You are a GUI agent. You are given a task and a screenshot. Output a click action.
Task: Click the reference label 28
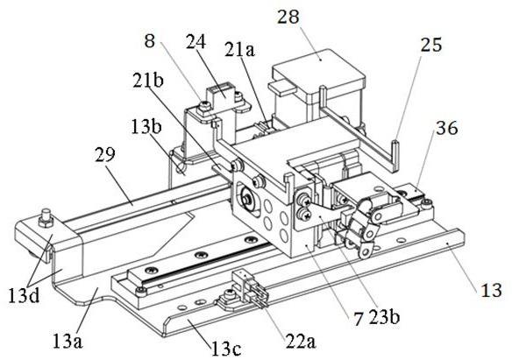click(x=288, y=17)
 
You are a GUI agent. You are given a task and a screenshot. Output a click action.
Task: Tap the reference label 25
click(x=431, y=45)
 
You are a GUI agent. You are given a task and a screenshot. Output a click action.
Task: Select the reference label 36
click(x=447, y=128)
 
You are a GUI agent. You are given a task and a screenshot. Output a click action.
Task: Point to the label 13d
click(x=24, y=296)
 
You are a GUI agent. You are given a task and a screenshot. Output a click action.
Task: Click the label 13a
click(x=68, y=341)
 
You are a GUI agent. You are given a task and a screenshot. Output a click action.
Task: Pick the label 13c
click(x=226, y=349)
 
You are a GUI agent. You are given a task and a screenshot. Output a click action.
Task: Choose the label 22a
click(x=301, y=341)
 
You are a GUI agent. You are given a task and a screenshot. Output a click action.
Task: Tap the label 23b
click(x=384, y=316)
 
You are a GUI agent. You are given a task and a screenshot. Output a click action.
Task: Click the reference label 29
click(x=105, y=154)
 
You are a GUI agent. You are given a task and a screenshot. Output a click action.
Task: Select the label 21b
click(x=148, y=80)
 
